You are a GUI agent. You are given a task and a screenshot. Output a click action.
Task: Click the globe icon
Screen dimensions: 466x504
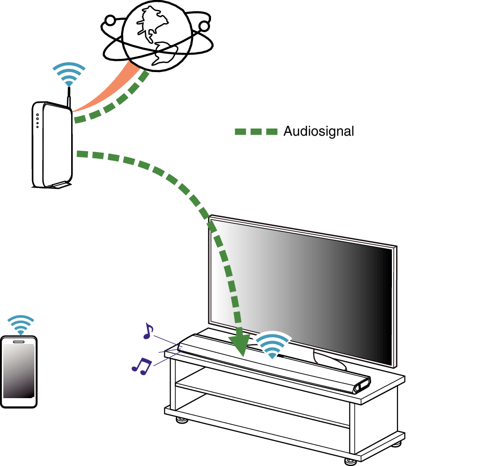pyautogui.click(x=157, y=36)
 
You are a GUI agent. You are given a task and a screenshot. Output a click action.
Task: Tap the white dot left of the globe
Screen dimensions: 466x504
pyautogui.click(x=110, y=20)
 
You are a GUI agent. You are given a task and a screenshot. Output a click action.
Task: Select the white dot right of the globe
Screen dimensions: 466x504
pyautogui.click(x=204, y=26)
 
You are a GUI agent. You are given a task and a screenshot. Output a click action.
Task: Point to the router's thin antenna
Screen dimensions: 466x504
pyautogui.click(x=69, y=102)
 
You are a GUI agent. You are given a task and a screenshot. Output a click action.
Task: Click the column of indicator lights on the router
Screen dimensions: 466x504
pyautogui.click(x=38, y=121)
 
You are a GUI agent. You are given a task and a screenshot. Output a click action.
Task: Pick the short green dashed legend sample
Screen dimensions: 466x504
pyautogui.click(x=256, y=132)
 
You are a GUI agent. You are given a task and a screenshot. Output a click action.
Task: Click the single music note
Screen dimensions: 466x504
pyautogui.click(x=148, y=331)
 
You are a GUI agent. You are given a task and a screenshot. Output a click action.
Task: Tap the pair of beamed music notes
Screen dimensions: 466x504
pyautogui.click(x=141, y=366)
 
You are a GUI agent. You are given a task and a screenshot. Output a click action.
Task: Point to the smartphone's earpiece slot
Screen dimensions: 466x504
pyautogui.click(x=19, y=341)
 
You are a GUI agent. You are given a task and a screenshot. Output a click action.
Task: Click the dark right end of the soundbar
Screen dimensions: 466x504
pyautogui.click(x=362, y=384)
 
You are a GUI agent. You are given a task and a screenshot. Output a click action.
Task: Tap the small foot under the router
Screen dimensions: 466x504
pyautogui.click(x=60, y=185)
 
